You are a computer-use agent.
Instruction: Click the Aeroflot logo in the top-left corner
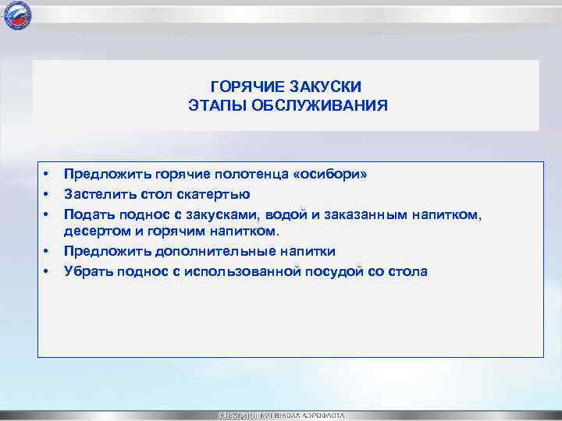pos(16,16)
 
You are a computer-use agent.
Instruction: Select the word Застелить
pos(97,193)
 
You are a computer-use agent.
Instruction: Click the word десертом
pos(94,232)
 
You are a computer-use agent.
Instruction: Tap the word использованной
pos(241,271)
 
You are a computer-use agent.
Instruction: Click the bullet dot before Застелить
pos(47,193)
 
